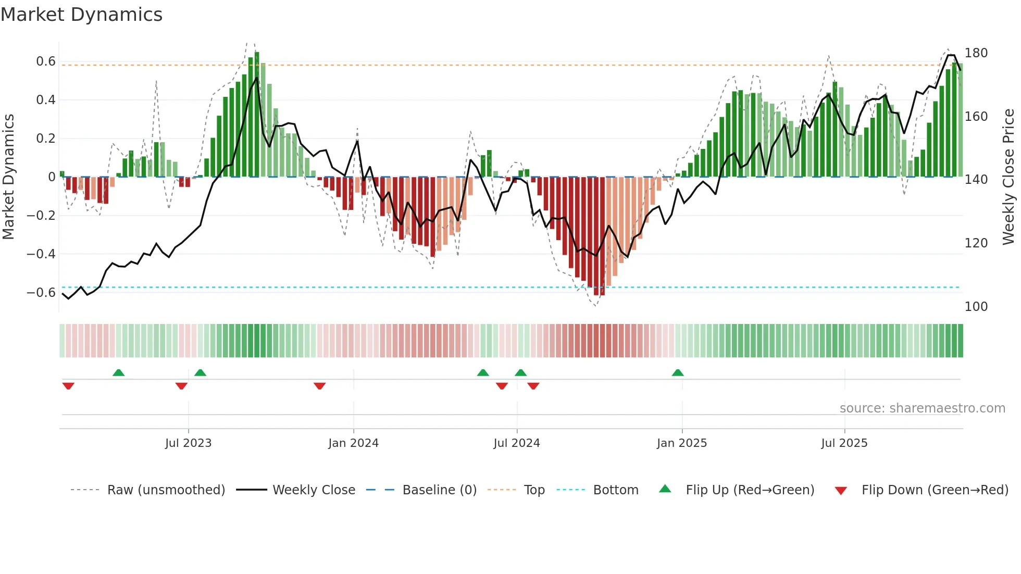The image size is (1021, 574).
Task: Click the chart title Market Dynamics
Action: pyautogui.click(x=82, y=15)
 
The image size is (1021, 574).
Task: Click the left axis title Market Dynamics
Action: pyautogui.click(x=8, y=177)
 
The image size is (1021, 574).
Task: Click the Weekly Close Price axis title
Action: pyautogui.click(x=1008, y=177)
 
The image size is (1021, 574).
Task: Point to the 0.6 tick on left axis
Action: pyautogui.click(x=46, y=61)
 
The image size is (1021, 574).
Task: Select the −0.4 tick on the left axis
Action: pyautogui.click(x=42, y=254)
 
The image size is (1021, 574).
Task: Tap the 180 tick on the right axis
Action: pyautogui.click(x=976, y=53)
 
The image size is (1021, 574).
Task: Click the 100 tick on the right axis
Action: pyautogui.click(x=976, y=307)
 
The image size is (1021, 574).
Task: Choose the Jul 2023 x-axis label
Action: pyautogui.click(x=189, y=443)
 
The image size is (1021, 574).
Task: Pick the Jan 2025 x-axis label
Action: pyautogui.click(x=682, y=443)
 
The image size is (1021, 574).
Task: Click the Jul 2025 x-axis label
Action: pyautogui.click(x=844, y=443)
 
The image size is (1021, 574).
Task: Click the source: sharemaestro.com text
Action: pyautogui.click(x=922, y=408)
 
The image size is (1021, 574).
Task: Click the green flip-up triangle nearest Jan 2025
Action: pyautogui.click(x=678, y=373)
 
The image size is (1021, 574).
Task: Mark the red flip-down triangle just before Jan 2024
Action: pyautogui.click(x=320, y=386)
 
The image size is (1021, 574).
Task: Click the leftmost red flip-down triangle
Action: pyautogui.click(x=68, y=386)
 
